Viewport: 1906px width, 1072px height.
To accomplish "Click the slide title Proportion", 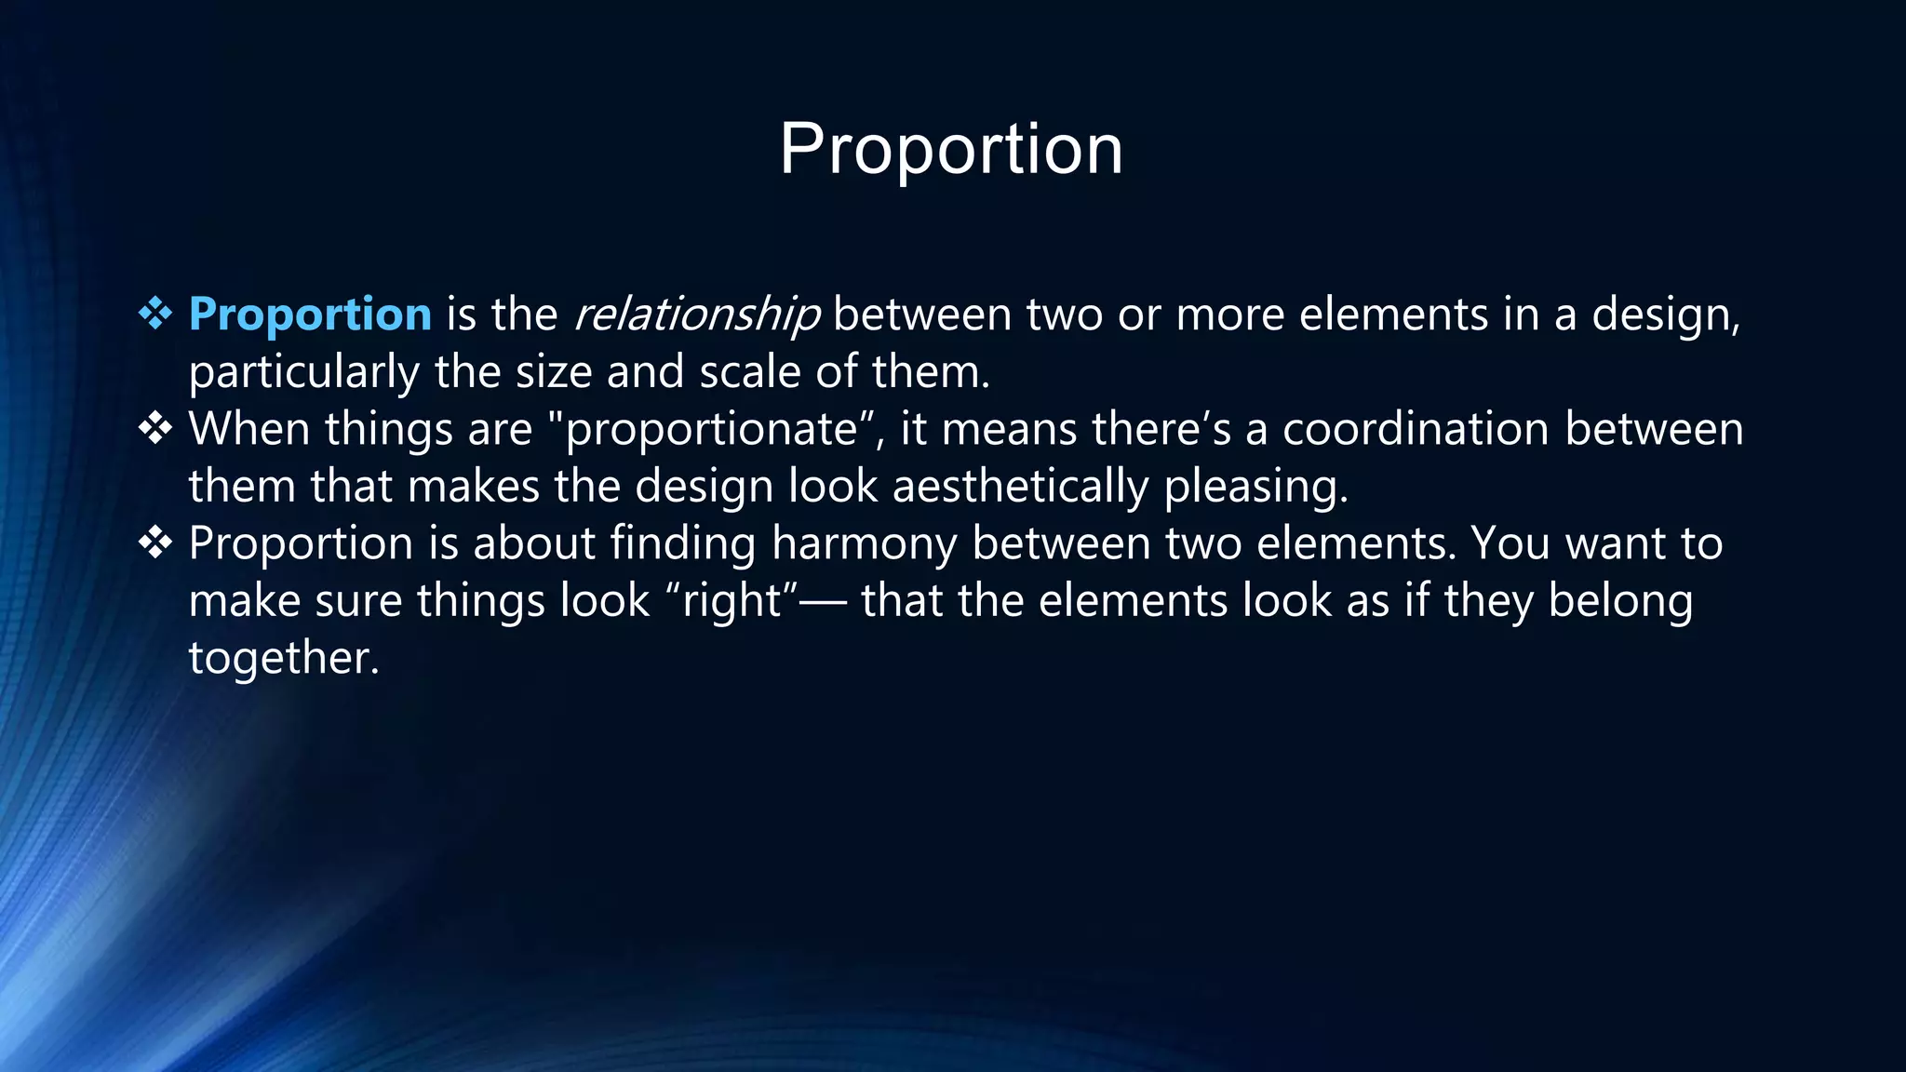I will [951, 149].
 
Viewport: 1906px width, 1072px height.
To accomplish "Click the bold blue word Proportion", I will [310, 315].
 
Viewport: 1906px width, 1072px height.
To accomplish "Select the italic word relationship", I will [697, 315].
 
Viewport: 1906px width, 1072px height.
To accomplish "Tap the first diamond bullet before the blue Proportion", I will [155, 314].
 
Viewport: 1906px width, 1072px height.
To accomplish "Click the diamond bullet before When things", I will [155, 429].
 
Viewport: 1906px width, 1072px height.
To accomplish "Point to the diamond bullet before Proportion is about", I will [155, 543].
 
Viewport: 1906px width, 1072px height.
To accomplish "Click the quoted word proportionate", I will [712, 430].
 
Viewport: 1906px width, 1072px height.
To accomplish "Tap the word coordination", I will [1416, 429].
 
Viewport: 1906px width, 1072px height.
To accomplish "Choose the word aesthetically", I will [1021, 487].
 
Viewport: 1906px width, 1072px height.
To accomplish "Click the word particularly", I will [303, 372].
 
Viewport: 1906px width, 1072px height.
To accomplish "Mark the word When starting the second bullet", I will [248, 429].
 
